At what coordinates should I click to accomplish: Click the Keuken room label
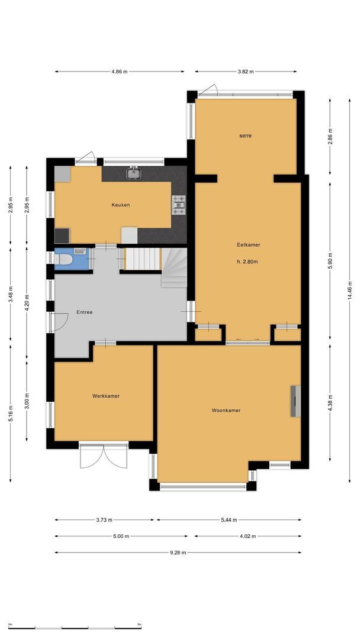[x=121, y=205]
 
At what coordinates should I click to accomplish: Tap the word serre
[x=246, y=135]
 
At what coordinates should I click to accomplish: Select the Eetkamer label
[x=248, y=245]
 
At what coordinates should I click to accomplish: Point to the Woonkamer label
[x=226, y=411]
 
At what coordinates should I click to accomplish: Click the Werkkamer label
[x=105, y=396]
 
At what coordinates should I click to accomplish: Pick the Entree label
[x=85, y=312]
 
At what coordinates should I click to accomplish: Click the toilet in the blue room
[x=64, y=259]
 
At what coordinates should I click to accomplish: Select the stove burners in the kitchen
[x=179, y=205]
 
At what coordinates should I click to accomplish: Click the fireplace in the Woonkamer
[x=295, y=401]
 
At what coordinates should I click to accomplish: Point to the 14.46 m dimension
[x=349, y=291]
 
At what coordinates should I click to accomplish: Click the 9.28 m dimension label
[x=178, y=553]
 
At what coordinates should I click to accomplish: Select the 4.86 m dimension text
[x=120, y=72]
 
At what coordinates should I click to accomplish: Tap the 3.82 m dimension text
[x=246, y=72]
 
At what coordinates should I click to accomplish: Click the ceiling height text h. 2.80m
[x=247, y=262]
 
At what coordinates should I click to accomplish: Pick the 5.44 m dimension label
[x=229, y=520]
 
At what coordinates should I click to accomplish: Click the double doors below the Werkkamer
[x=104, y=456]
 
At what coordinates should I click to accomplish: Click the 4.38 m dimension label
[x=330, y=403]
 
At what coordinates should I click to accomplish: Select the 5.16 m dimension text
[x=11, y=414]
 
